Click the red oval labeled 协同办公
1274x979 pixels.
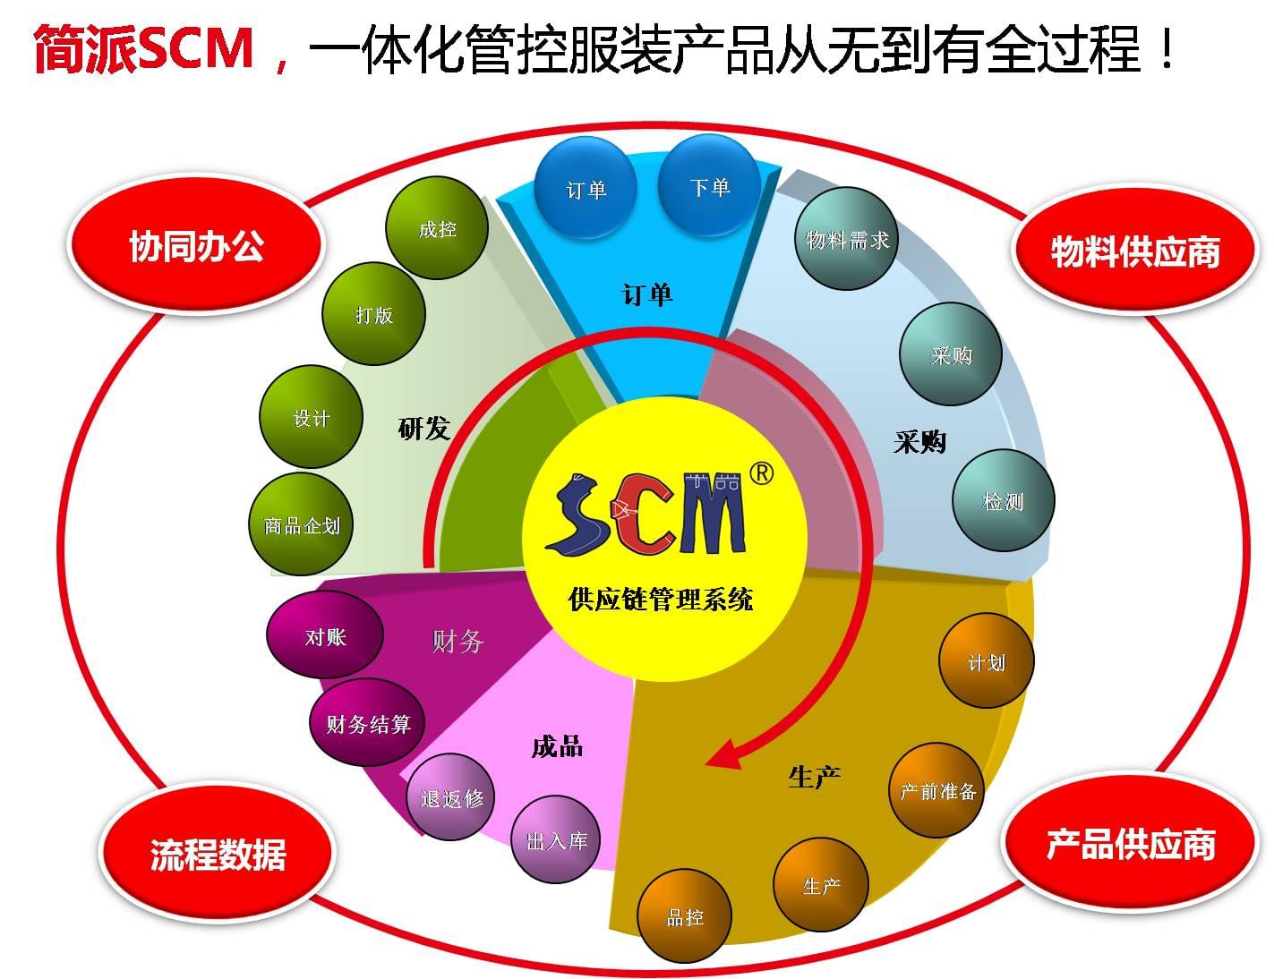(x=196, y=246)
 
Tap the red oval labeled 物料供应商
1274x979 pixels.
(x=1134, y=251)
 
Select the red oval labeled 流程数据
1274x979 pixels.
(x=218, y=855)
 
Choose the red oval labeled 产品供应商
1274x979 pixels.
(x=1130, y=844)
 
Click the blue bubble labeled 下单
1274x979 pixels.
(x=709, y=186)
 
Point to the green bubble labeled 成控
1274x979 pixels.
(x=437, y=229)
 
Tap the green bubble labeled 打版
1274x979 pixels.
(x=373, y=314)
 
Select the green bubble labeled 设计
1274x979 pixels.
(x=311, y=417)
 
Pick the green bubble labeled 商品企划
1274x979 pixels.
(x=301, y=525)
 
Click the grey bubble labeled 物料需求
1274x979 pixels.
(x=846, y=239)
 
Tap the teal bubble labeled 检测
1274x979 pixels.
(x=1003, y=501)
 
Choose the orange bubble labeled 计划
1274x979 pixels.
(x=986, y=661)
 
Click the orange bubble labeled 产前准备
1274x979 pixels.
(x=936, y=790)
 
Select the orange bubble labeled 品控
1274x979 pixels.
(x=685, y=916)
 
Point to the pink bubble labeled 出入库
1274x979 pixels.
(x=556, y=840)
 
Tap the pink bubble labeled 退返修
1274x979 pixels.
(x=451, y=797)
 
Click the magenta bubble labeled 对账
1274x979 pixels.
(x=324, y=636)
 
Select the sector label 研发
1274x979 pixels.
(x=423, y=429)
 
